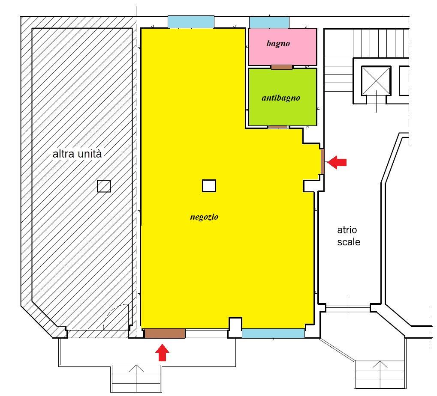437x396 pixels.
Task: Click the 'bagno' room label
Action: point(278,44)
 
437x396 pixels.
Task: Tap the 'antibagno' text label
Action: point(281,98)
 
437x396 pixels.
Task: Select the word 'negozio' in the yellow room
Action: point(204,217)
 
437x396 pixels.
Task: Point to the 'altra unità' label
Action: point(77,154)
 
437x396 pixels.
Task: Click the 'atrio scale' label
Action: point(348,236)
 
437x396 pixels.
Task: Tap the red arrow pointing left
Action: point(337,162)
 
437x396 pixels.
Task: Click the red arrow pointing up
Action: point(162,353)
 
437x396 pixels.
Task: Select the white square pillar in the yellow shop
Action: point(209,186)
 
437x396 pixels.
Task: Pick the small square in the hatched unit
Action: point(104,186)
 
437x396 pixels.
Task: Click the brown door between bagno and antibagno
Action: point(282,67)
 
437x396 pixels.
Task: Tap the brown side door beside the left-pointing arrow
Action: point(322,161)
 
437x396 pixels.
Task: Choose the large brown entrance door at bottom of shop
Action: point(165,333)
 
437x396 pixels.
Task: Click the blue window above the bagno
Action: point(269,22)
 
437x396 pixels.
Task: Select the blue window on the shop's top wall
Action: point(191,22)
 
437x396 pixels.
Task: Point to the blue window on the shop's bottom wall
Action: point(273,333)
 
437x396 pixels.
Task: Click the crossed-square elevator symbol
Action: point(376,81)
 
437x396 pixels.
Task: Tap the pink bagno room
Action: point(283,47)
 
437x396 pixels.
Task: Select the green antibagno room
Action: point(283,97)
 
